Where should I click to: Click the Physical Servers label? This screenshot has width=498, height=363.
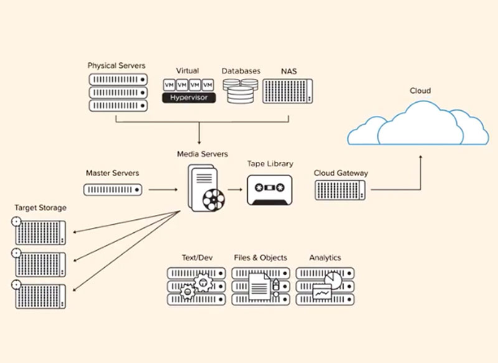click(116, 65)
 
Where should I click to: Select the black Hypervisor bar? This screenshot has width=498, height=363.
click(189, 98)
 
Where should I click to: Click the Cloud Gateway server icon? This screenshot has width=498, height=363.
click(341, 190)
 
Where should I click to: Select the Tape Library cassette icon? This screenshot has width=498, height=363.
click(270, 189)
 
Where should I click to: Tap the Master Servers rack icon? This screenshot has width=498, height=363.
click(113, 189)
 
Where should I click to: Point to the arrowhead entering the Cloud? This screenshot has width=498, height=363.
click(420, 158)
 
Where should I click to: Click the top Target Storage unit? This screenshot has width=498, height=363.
click(40, 232)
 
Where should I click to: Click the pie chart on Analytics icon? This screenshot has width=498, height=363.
click(333, 280)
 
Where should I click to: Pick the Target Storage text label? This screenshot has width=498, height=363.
click(40, 208)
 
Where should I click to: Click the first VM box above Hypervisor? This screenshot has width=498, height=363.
click(169, 85)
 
